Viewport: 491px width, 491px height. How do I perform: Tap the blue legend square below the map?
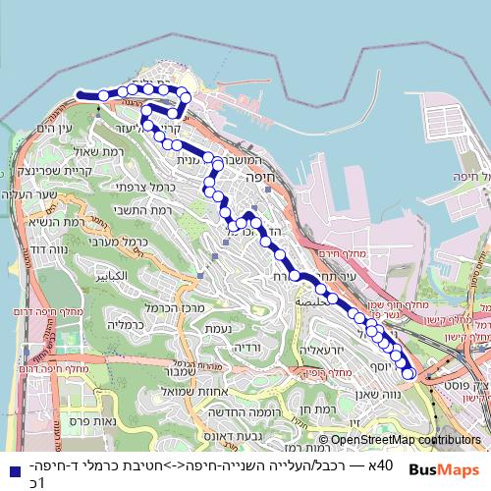click(14, 471)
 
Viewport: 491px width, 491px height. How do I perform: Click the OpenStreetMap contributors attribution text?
click(402, 441)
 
